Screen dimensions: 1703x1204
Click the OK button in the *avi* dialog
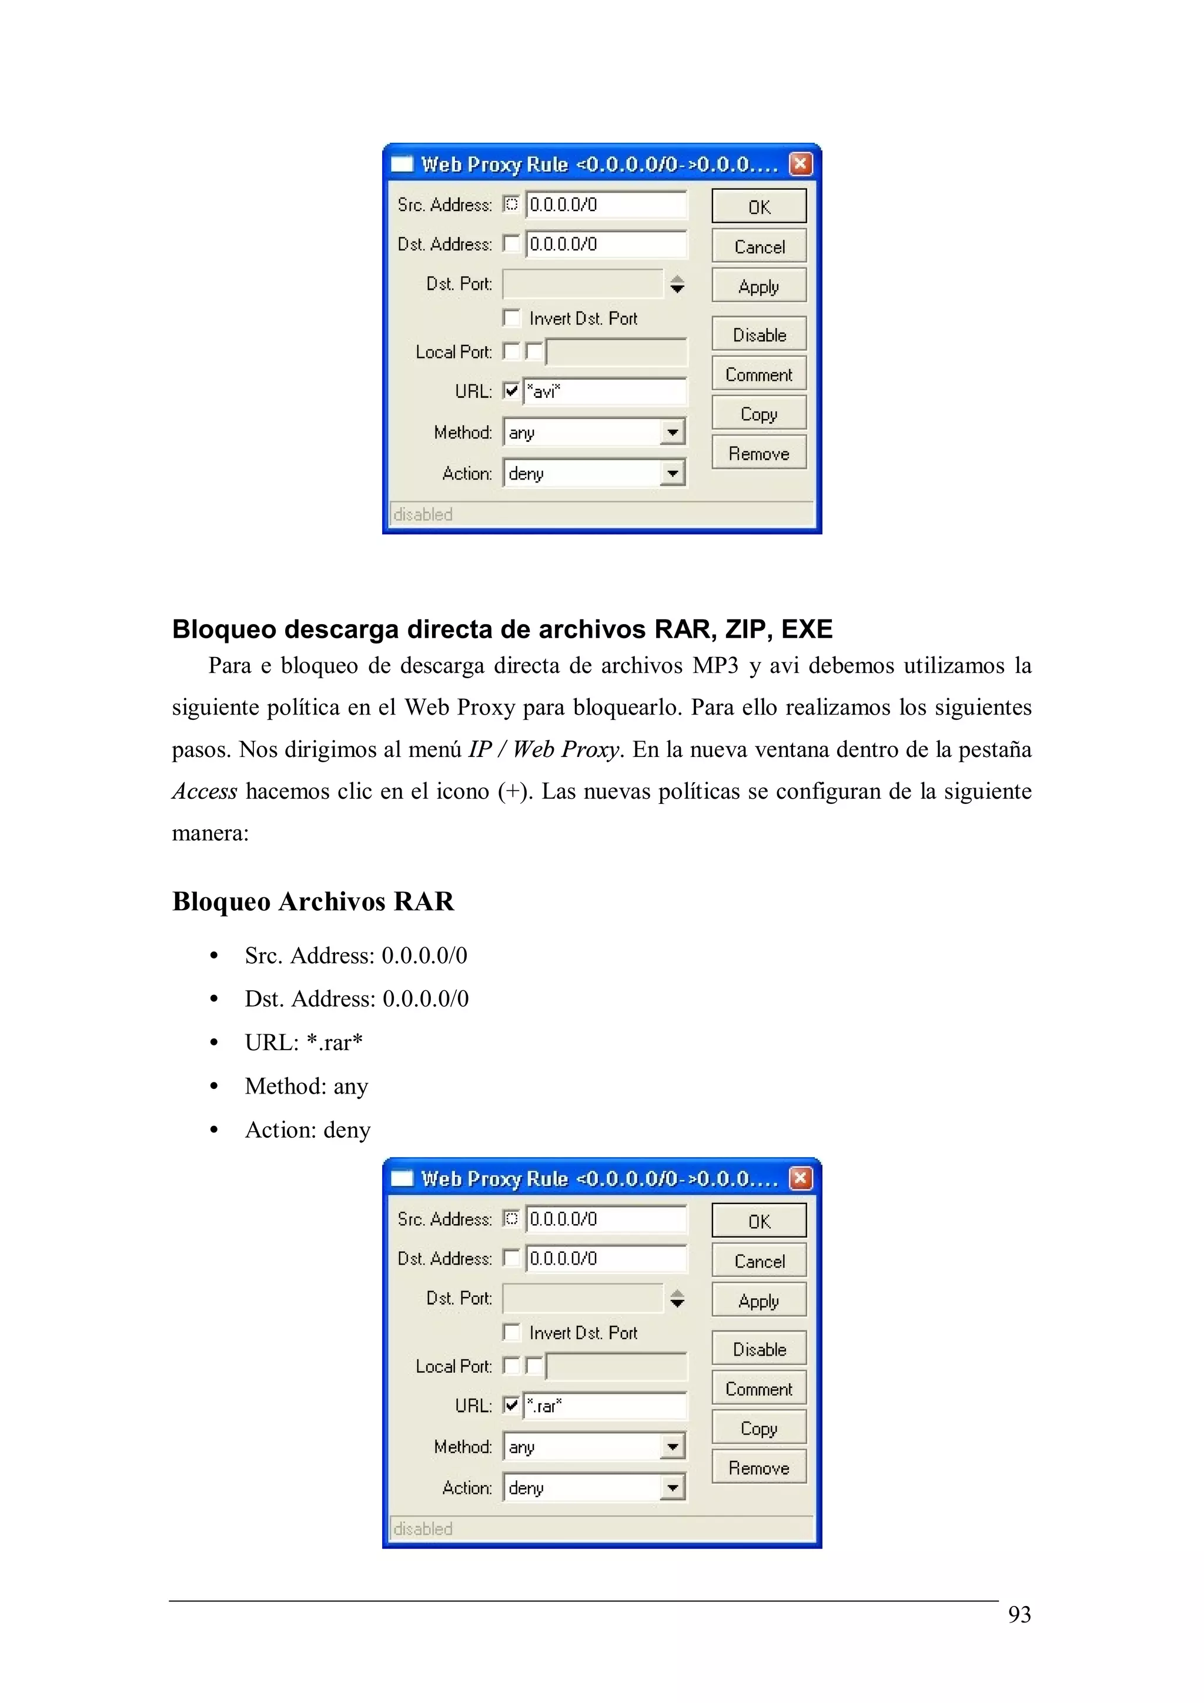[x=758, y=206]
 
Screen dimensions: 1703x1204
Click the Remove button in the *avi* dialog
[x=758, y=452]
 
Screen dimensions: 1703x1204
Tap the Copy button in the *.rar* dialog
[x=758, y=1428]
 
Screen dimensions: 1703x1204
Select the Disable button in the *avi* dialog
[x=758, y=334]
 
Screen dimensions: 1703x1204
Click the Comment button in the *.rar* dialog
[x=758, y=1389]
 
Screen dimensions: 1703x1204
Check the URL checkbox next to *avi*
[x=511, y=390]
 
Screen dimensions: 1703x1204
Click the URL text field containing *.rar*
[x=604, y=1406]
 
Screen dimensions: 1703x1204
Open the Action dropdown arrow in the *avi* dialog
[x=672, y=472]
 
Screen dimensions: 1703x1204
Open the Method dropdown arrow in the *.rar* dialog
[x=672, y=1446]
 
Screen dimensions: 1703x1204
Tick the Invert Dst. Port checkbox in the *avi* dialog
[x=511, y=317]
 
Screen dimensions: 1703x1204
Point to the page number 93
[x=1019, y=1615]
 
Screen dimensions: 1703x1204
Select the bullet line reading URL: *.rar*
[x=303, y=1042]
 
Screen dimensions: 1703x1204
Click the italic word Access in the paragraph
[x=205, y=792]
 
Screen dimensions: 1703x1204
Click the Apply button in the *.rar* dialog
[x=758, y=1300]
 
